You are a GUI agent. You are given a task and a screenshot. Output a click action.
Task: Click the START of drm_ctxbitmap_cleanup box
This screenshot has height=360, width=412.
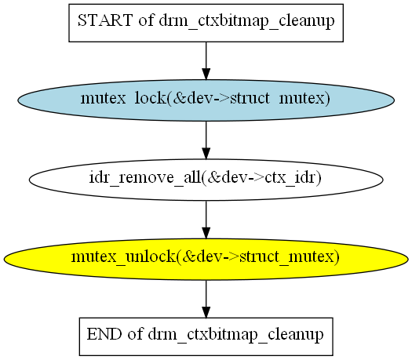[206, 23]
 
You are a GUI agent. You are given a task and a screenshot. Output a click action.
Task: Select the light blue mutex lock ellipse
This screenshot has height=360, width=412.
[206, 100]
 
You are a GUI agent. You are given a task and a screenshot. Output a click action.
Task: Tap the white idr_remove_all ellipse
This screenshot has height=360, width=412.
[206, 180]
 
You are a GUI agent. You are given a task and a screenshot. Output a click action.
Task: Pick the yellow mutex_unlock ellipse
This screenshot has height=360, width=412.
[206, 260]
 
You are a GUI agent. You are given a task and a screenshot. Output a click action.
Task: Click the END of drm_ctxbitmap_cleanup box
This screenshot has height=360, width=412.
[206, 337]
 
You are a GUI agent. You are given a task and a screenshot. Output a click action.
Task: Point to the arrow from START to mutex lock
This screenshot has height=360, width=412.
[206, 60]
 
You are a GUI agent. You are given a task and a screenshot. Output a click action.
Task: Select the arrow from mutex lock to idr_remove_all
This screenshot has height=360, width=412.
[206, 140]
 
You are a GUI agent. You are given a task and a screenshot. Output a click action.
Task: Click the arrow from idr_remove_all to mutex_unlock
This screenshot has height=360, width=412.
[206, 220]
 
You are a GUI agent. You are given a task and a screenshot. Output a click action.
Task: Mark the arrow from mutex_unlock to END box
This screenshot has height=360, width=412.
[206, 299]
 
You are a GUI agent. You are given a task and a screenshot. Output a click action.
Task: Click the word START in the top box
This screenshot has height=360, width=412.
[105, 20]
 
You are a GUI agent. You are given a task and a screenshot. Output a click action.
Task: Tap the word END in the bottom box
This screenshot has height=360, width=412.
[104, 334]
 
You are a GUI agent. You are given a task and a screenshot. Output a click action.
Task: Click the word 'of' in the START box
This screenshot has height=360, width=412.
[146, 20]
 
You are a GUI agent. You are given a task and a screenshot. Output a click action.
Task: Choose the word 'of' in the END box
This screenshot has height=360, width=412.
[135, 334]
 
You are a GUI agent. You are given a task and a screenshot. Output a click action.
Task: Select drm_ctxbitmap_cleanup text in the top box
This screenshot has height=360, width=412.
[246, 21]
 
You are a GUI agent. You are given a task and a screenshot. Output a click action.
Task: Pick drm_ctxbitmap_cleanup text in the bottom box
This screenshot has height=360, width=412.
[235, 335]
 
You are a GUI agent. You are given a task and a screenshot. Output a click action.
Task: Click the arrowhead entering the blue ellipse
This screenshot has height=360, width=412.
[206, 74]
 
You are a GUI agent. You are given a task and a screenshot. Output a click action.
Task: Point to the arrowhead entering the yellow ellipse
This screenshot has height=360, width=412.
[206, 233]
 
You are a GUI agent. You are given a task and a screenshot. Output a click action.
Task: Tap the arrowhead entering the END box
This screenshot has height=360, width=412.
[206, 312]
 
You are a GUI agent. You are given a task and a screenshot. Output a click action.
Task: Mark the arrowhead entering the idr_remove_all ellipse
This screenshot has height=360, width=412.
[206, 154]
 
